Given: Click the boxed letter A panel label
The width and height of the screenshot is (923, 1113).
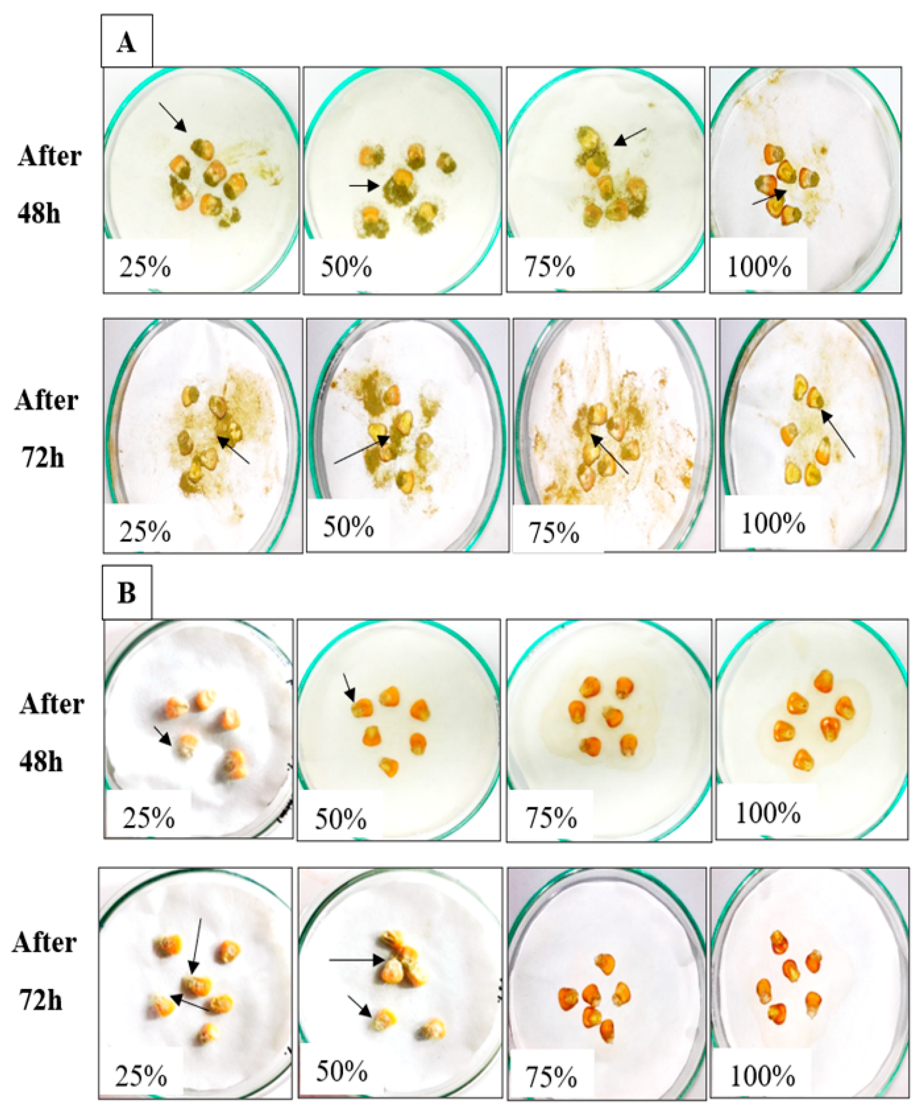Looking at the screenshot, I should pos(126,41).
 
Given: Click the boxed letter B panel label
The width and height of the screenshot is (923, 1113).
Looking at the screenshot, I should pos(126,593).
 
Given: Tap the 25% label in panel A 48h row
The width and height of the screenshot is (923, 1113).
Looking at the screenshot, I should pos(145,267).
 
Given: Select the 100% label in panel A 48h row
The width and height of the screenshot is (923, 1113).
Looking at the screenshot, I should pos(759,267).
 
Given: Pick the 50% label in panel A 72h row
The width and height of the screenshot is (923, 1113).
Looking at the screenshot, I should pos(348,528).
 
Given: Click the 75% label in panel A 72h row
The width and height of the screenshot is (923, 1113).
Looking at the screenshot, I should pos(553,533).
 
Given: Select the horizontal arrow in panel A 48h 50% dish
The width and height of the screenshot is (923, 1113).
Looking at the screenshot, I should pos(364,186).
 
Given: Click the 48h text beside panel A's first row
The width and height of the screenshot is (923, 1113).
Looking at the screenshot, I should pos(38,214).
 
